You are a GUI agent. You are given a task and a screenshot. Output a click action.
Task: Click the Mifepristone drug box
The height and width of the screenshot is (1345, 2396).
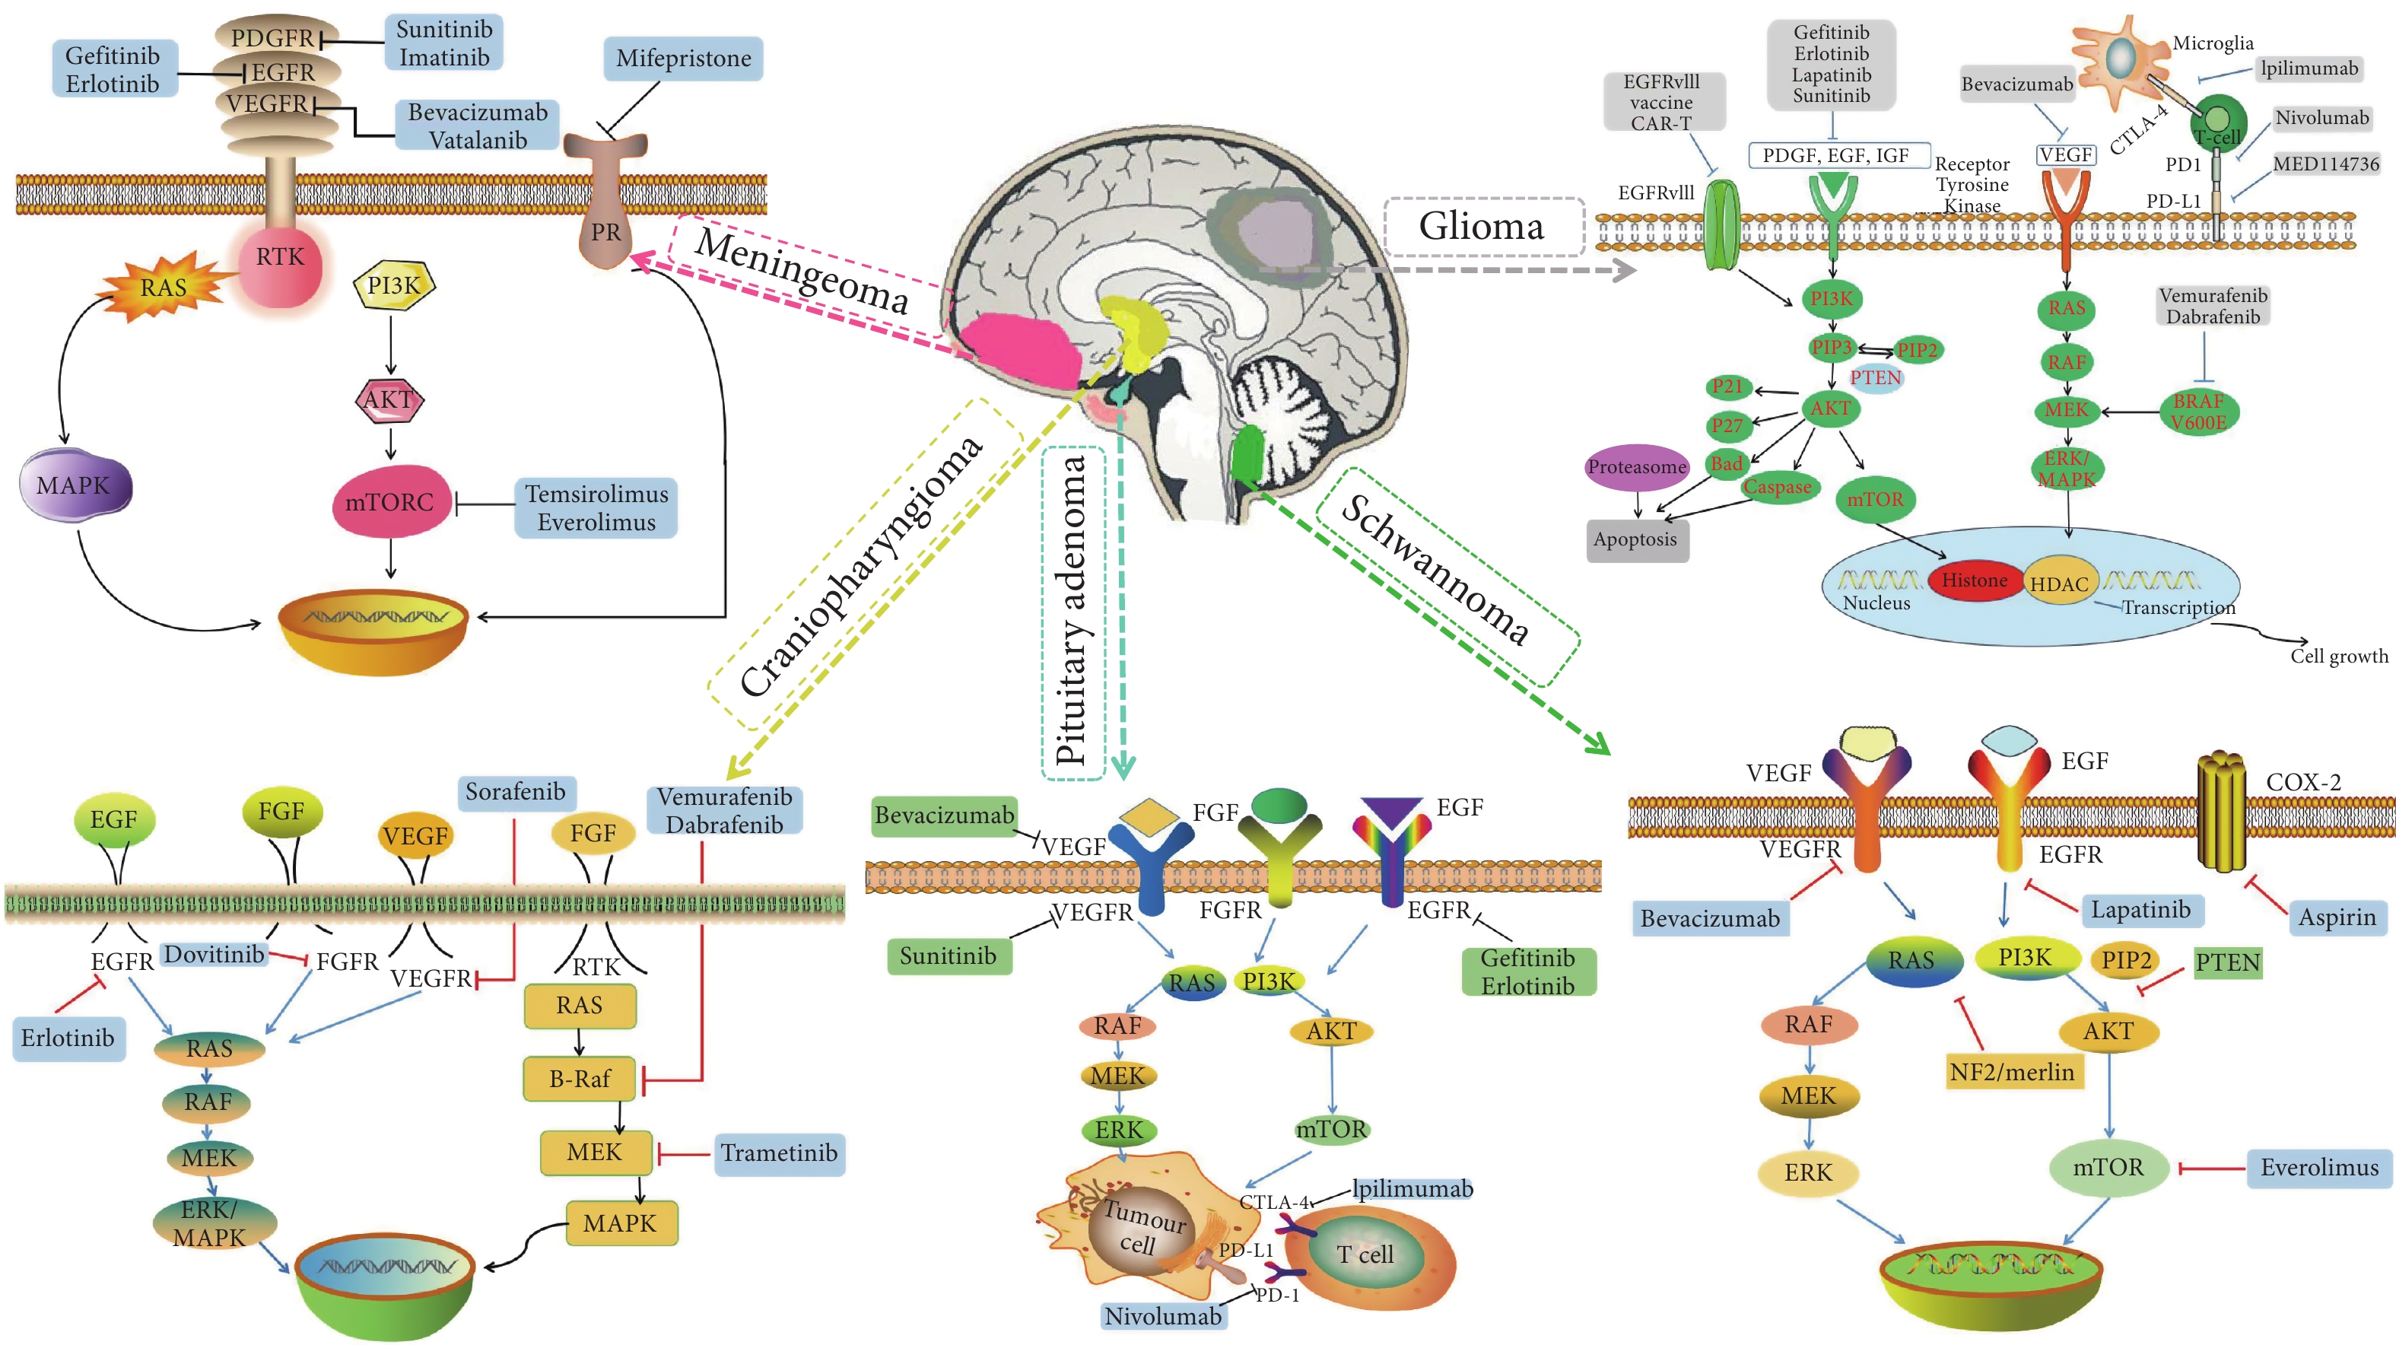pos(684,59)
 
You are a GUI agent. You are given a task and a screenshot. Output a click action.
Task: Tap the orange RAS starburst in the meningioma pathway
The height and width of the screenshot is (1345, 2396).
pos(164,288)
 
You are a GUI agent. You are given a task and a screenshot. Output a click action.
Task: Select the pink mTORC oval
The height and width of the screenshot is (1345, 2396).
pos(391,502)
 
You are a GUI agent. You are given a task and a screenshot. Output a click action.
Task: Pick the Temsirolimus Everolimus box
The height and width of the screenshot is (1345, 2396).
pos(596,508)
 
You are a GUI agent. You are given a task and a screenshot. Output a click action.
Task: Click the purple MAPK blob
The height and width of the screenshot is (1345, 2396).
pos(75,485)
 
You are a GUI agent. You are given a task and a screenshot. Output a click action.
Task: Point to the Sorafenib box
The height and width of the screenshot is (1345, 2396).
pos(515,793)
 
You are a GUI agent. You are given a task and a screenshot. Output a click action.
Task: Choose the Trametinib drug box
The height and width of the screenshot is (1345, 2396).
pos(780,1153)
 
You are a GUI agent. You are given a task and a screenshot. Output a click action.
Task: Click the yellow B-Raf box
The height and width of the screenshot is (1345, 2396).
pos(580,1079)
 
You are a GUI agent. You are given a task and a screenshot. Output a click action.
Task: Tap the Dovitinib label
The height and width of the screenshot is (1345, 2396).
pos(214,954)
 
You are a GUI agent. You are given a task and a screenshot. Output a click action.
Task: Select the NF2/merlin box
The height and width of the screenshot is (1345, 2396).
pos(2012,1073)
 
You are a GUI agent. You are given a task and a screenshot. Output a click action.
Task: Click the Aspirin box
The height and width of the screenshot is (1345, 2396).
pos(2337,918)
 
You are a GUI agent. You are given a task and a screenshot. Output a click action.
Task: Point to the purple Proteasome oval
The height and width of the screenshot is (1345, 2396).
pos(1636,467)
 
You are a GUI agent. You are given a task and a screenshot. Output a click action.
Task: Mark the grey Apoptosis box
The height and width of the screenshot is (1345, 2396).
pos(1635,539)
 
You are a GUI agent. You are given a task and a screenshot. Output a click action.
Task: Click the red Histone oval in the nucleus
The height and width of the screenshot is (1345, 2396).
pos(1974,580)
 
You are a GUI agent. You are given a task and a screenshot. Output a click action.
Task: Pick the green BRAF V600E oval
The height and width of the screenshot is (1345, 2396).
pos(2198,412)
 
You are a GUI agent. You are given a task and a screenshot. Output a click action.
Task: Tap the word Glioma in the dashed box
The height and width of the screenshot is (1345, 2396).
pos(1482,227)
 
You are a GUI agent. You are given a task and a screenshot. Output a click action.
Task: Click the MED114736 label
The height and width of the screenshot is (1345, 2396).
pos(2325,164)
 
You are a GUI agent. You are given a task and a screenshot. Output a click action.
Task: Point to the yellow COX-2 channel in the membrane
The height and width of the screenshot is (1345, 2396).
pos(2221,811)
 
